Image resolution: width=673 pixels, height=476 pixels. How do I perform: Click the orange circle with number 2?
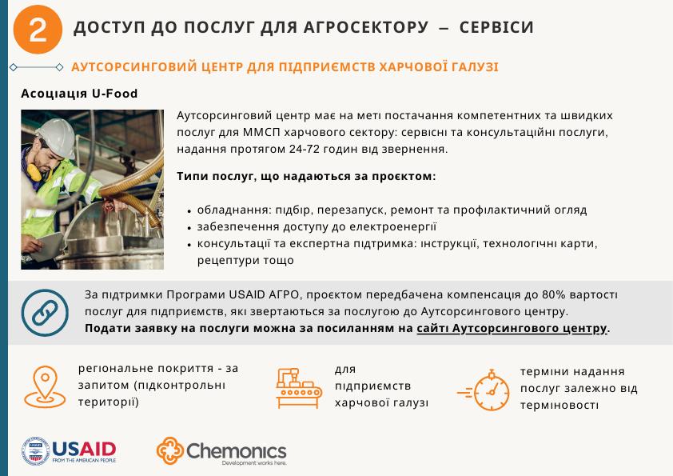37,30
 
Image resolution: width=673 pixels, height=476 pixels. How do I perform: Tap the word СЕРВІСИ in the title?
496,28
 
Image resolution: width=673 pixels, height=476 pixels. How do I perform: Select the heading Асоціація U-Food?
80,94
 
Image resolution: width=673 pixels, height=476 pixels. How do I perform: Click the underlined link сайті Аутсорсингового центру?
512,329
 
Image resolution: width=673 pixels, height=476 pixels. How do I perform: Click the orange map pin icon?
45,386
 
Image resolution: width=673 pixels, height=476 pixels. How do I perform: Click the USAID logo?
69,451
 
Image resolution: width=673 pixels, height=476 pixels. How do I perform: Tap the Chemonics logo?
221,451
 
